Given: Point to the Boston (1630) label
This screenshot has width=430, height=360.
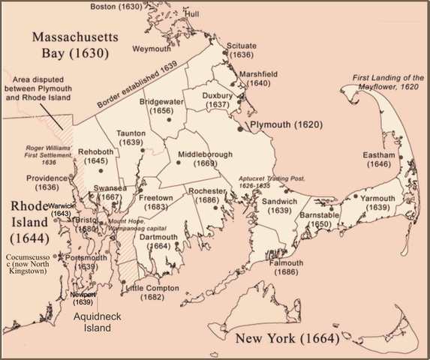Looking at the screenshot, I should (x=116, y=7).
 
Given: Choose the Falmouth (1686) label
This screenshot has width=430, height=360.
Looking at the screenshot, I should (x=282, y=268).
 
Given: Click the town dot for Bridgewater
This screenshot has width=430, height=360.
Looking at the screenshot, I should (x=169, y=119).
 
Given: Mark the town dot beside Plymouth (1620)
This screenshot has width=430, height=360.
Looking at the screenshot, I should (x=240, y=128).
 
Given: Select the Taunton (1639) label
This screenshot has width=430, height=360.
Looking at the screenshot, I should (x=131, y=138).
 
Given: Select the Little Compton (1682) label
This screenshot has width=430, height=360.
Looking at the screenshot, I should (x=152, y=292).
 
